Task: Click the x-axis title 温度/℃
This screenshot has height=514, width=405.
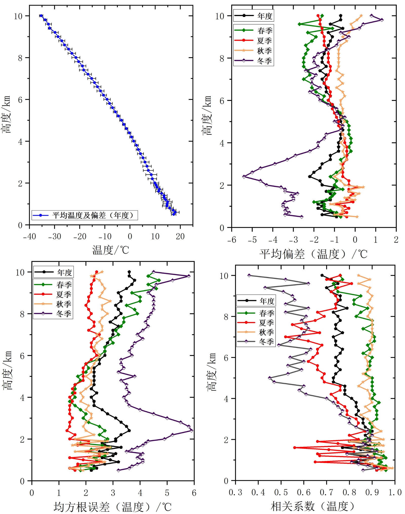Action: tap(111, 250)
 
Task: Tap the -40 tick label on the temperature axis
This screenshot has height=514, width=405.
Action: tap(29, 237)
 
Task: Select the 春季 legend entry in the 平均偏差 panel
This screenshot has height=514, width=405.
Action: tap(265, 31)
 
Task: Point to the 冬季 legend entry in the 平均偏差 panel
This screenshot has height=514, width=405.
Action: tap(264, 61)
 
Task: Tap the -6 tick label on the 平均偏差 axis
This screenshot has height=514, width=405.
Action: tap(232, 240)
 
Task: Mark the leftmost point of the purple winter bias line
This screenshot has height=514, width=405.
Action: tap(244, 177)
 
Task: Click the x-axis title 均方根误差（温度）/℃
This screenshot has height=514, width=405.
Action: tap(113, 507)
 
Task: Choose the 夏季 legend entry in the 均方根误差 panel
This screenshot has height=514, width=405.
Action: tap(64, 294)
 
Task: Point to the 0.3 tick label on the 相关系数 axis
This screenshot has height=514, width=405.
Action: tap(235, 492)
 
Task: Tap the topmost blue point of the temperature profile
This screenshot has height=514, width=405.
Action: tap(41, 16)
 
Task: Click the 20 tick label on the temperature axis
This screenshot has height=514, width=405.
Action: tap(180, 237)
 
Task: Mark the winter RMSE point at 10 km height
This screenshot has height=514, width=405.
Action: tap(153, 272)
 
